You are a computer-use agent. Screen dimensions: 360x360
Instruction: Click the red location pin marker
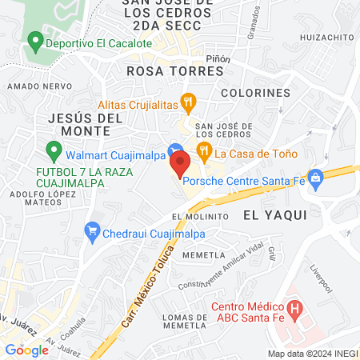(x=179, y=164)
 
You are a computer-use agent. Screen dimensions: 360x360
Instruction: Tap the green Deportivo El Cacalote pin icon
(x=34, y=40)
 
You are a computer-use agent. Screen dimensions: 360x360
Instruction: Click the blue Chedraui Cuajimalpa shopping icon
(x=93, y=234)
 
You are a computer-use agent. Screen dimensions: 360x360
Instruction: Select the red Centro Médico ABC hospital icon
(x=294, y=308)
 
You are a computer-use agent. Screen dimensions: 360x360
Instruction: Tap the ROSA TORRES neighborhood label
(x=175, y=71)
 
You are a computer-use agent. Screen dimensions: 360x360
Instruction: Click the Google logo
(x=26, y=350)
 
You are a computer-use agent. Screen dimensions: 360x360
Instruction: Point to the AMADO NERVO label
(x=33, y=85)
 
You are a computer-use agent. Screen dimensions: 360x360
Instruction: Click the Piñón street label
(x=218, y=58)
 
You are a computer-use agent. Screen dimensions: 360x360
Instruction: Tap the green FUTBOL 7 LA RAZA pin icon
(x=54, y=150)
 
